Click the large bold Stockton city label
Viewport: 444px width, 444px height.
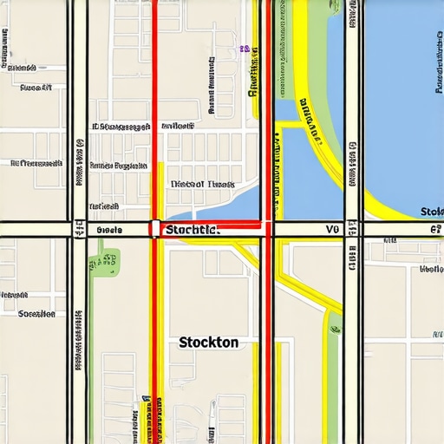point(208,343)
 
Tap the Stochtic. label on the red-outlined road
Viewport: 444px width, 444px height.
point(192,231)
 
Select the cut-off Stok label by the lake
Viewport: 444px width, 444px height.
point(431,212)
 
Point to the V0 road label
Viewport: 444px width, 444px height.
point(331,230)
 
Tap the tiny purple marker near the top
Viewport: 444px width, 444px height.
point(245,49)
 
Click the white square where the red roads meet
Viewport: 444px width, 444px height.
point(154,229)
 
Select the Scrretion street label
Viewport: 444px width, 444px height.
point(36,313)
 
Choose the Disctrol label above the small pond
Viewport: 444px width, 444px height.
point(201,184)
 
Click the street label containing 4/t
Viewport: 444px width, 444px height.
point(36,88)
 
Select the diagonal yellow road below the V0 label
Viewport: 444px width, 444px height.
point(304,277)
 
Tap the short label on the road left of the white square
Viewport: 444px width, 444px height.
point(110,231)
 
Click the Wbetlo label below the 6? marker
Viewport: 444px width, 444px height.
point(430,269)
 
